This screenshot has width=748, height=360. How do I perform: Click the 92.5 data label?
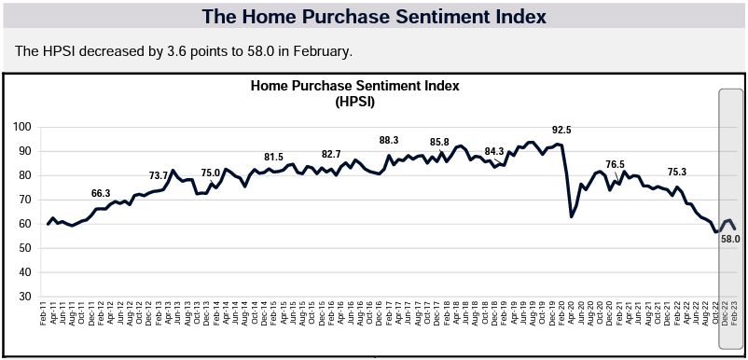tap(561, 130)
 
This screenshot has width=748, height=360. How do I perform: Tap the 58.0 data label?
tap(730, 240)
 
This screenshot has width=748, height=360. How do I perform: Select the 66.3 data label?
tap(101, 193)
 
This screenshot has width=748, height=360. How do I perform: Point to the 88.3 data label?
tap(389, 140)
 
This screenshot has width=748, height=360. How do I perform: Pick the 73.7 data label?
tap(159, 175)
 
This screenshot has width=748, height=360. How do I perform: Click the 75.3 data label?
tap(677, 173)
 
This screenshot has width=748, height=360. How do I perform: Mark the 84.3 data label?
tap(494, 151)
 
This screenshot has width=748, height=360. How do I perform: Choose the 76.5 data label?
tap(615, 164)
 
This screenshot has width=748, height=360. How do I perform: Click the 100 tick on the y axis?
tap(23, 128)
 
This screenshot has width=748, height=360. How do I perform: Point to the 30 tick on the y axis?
tap(26, 297)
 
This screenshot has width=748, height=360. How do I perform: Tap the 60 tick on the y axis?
tap(26, 224)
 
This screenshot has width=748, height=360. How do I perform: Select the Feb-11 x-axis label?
tap(44, 314)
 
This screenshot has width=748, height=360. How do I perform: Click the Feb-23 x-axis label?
tap(736, 314)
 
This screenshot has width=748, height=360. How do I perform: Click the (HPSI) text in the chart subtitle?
tap(354, 102)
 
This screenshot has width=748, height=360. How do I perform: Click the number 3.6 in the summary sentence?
tap(176, 51)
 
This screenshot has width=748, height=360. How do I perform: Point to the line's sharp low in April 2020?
tap(572, 217)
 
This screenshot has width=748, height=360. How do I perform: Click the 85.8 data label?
tap(439, 142)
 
